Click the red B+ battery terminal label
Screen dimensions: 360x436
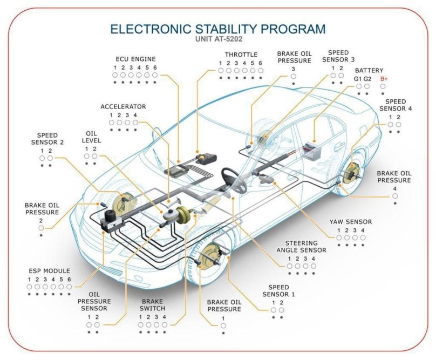pos(384,79)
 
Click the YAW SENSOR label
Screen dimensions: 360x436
pos(351,221)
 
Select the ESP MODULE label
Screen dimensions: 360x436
pos(49,270)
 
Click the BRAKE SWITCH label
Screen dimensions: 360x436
pos(152,305)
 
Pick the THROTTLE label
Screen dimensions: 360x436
pos(241,55)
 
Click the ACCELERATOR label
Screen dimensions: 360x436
pos(123,106)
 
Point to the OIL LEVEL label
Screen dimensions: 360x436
pos(91,137)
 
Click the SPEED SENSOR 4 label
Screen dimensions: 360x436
pos(395,105)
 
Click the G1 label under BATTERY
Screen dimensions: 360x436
pos(358,79)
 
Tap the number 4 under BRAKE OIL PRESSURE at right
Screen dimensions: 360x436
pos(395,188)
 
